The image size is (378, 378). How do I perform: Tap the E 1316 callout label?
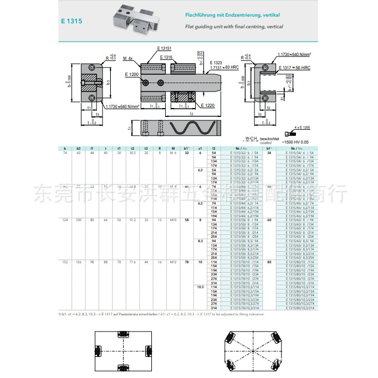[166, 57]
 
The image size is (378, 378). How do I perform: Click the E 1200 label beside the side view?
[131, 74]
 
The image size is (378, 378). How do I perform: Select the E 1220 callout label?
[207, 105]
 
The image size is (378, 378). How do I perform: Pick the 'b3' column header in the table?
[78, 148]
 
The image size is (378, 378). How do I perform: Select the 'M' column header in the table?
[173, 148]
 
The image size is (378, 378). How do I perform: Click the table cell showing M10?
[173, 220]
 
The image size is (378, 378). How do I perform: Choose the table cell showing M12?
[173, 261]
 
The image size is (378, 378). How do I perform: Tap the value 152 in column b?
[65, 261]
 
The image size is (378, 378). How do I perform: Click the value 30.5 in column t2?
[132, 152]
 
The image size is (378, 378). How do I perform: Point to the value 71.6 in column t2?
[132, 261]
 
